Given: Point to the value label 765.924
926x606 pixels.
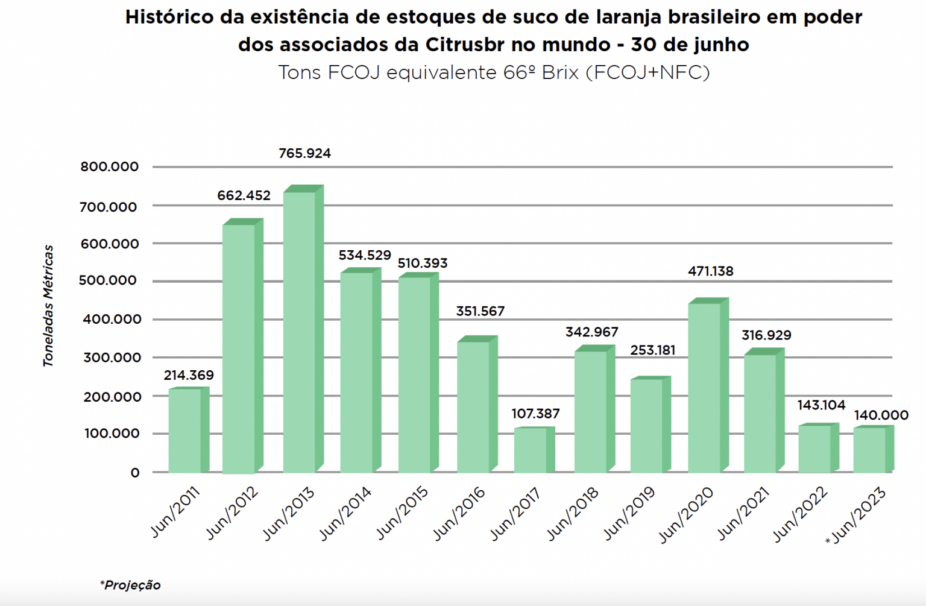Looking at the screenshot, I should (x=304, y=154).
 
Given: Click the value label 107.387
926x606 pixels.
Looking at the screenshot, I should (x=535, y=414).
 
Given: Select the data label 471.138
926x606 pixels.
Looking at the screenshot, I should (x=710, y=271).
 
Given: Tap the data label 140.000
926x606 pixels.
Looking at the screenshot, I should (x=881, y=415).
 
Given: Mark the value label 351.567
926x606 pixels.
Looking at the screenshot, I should (x=480, y=311).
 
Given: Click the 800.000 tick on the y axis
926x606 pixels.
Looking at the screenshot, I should (x=110, y=167).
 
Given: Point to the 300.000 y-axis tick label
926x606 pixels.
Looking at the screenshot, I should (x=112, y=358).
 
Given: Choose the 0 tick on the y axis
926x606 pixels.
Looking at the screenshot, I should (x=135, y=473).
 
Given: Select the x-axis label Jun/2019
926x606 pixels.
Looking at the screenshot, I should (x=629, y=513).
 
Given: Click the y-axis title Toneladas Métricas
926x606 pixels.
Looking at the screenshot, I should (x=48, y=306).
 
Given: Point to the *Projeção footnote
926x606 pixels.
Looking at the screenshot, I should (x=130, y=585).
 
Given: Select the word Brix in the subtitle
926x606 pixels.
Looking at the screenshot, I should (x=560, y=72).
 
